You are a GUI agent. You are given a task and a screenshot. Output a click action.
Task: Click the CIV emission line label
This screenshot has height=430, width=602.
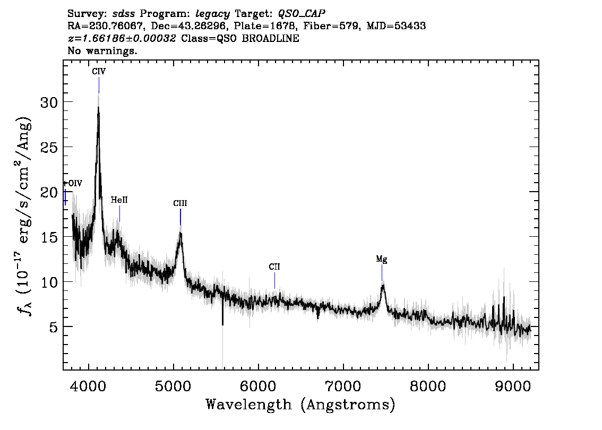pos(99,72)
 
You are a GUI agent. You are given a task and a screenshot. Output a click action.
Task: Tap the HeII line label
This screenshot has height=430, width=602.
pos(119,200)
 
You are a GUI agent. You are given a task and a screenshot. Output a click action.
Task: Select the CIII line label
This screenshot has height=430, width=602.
pos(180,203)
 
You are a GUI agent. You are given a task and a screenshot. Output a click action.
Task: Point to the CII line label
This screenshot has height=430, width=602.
pos(274,267)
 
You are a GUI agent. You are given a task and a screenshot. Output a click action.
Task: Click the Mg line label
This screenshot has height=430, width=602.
pos(382,260)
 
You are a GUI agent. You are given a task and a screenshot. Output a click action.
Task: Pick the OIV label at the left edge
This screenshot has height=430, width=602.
pos(73,184)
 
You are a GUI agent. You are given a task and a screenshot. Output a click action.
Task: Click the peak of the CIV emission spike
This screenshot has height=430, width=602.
pos(98,108)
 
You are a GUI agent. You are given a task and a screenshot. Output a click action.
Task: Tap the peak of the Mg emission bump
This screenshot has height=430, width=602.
pos(383,286)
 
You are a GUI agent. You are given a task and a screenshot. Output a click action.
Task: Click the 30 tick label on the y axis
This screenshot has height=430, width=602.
pos(50,102)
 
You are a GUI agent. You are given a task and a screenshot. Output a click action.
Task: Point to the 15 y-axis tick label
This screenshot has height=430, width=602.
pos(50,237)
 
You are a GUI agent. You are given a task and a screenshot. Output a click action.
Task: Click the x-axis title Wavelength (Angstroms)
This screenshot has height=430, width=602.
pos(300,405)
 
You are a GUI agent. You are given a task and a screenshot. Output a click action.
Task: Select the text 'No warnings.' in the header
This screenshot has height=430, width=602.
pos(102,51)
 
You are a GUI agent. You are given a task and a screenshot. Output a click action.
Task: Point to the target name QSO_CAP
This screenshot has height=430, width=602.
pos(302,13)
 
